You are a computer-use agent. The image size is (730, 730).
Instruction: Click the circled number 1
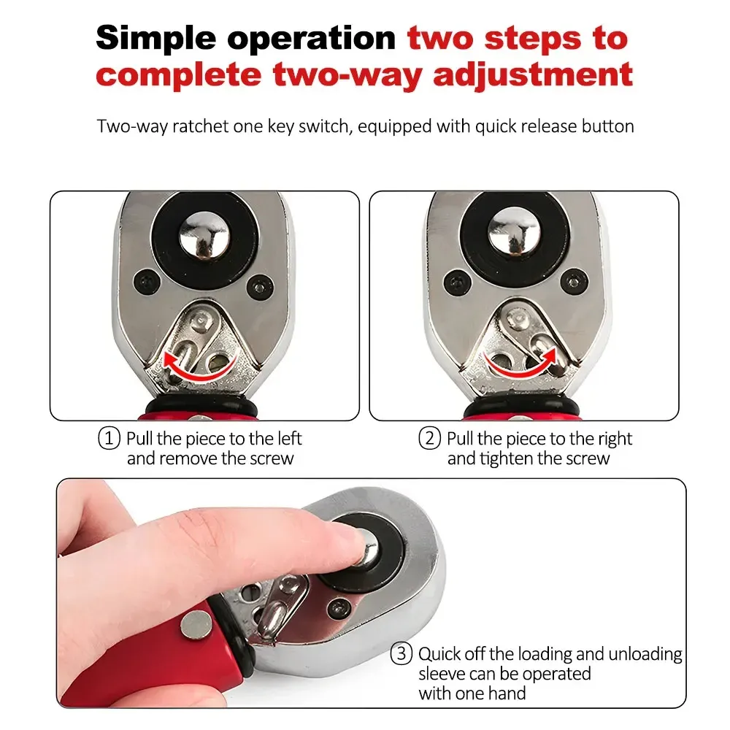[x=109, y=439]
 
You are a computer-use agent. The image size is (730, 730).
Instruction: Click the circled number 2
[x=429, y=439]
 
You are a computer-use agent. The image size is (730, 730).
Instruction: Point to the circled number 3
[x=401, y=654]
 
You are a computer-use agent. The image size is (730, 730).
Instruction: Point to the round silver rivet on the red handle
[x=194, y=623]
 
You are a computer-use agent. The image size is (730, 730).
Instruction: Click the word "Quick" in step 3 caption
[x=443, y=654]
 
